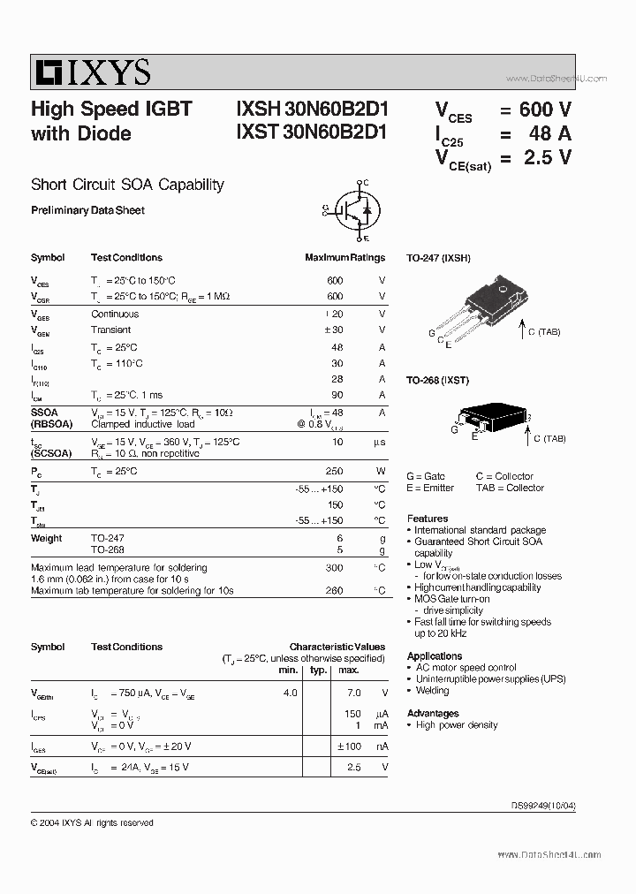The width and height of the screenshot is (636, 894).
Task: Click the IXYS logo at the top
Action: (x=92, y=72)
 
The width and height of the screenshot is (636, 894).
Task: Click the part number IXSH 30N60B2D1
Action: (x=312, y=110)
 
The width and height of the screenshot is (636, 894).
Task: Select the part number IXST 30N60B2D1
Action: (x=312, y=133)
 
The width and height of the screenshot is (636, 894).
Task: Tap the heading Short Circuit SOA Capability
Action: (x=127, y=185)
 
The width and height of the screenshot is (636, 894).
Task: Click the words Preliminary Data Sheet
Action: (x=87, y=210)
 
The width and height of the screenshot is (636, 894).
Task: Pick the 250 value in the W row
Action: (x=334, y=471)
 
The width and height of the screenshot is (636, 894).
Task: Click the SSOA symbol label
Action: (x=44, y=413)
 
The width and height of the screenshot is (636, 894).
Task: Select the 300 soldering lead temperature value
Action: (x=334, y=568)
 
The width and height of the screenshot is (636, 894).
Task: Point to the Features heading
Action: (x=428, y=519)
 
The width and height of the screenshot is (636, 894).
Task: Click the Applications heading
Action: (x=435, y=656)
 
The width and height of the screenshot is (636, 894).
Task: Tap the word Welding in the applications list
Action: (x=433, y=691)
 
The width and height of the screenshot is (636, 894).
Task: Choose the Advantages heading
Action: (x=433, y=713)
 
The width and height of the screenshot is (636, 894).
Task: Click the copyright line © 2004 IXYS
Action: (x=92, y=822)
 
